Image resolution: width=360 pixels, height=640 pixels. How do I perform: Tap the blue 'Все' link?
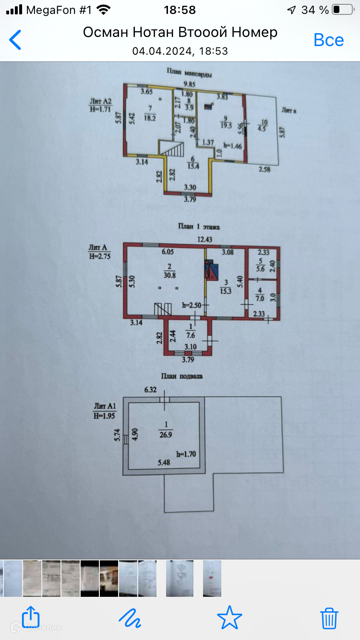(x=328, y=40)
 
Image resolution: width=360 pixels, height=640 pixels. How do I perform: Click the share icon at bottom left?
(x=31, y=617)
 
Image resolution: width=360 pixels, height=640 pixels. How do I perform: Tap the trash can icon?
(x=329, y=617)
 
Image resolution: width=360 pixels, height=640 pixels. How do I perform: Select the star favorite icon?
(x=229, y=617)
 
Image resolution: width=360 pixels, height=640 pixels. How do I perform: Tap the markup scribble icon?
(x=130, y=617)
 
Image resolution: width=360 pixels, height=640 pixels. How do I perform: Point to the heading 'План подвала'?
(x=184, y=376)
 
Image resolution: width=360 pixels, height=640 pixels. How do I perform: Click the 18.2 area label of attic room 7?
(x=151, y=118)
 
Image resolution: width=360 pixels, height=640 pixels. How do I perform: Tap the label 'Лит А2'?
(x=101, y=101)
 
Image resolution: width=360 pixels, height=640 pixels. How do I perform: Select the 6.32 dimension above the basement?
(x=151, y=391)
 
